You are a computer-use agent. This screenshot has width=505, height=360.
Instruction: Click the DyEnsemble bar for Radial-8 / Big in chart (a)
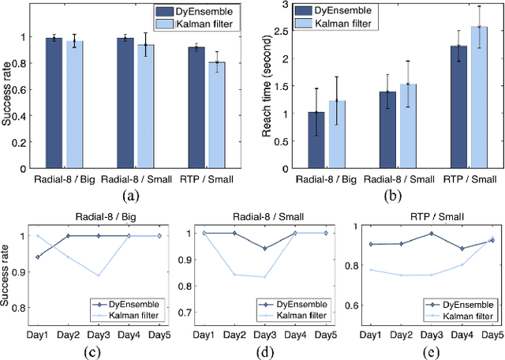click(54, 103)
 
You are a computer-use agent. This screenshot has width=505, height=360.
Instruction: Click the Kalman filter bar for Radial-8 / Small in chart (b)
click(407, 126)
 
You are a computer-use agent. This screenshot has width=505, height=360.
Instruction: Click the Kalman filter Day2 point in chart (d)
click(234, 275)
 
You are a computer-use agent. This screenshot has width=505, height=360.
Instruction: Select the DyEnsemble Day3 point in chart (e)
click(431, 234)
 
